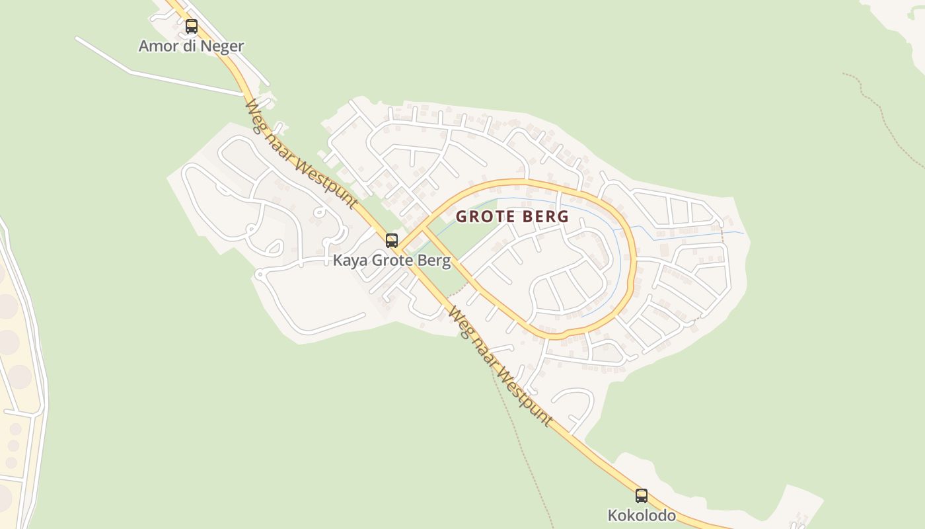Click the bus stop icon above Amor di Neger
point(192,26)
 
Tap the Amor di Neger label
point(191,46)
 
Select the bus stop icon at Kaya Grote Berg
point(392,240)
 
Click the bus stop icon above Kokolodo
point(642,495)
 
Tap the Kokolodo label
point(642,515)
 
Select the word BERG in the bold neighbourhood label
point(544,216)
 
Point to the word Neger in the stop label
point(224,46)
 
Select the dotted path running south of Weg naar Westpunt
point(522,450)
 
